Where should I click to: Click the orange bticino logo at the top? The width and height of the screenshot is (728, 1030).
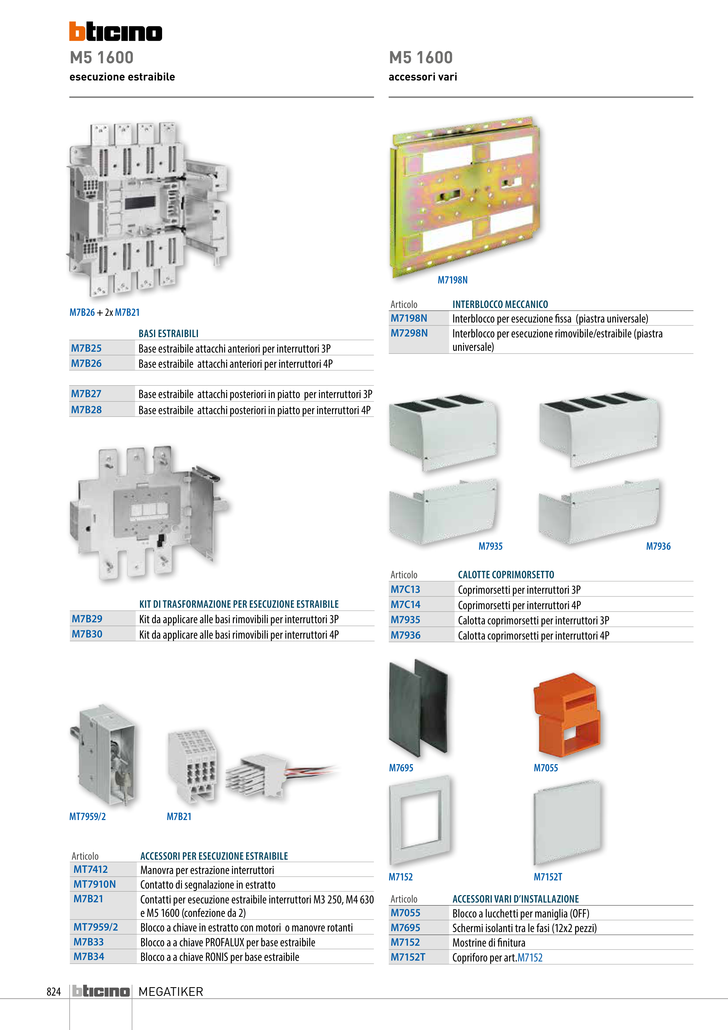click(116, 31)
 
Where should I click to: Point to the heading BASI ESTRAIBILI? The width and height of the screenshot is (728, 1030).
click(168, 333)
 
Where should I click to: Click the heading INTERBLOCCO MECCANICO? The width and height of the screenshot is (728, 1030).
click(500, 304)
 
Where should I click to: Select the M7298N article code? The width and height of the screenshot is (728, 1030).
click(409, 333)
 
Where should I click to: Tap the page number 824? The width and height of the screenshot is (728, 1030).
click(54, 992)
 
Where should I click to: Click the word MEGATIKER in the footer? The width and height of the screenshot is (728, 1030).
click(171, 992)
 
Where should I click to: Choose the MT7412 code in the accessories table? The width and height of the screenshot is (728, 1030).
click(91, 869)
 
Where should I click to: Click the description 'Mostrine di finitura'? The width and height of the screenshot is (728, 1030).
click(488, 943)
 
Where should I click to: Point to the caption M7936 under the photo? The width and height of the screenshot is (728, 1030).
click(658, 546)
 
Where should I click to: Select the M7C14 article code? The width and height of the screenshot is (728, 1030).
click(406, 604)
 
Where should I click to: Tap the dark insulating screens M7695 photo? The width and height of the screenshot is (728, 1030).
click(418, 708)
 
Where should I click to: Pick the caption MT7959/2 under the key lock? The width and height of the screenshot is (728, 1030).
click(87, 817)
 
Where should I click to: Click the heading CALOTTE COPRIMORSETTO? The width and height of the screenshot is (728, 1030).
click(506, 575)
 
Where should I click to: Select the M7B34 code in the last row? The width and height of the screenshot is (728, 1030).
click(89, 957)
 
